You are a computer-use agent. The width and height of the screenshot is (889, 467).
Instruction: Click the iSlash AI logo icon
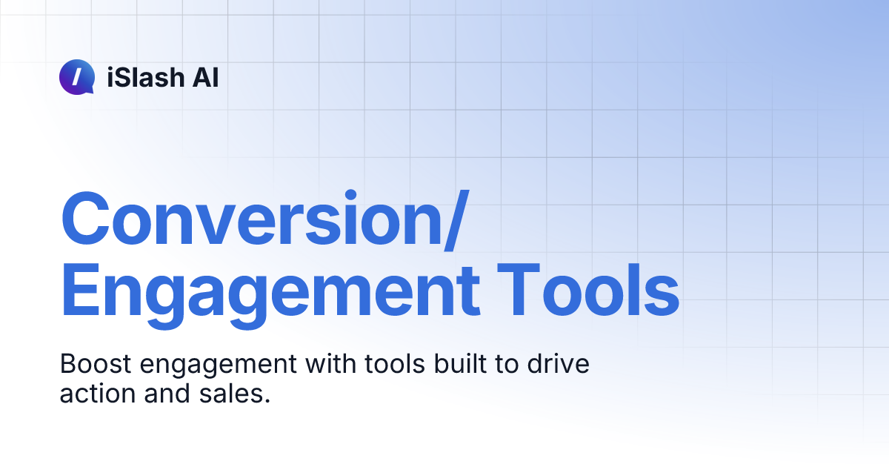click(77, 77)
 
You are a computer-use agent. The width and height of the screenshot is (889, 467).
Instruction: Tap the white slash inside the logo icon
click(77, 76)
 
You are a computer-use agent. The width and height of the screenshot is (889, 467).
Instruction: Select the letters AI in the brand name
click(204, 77)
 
